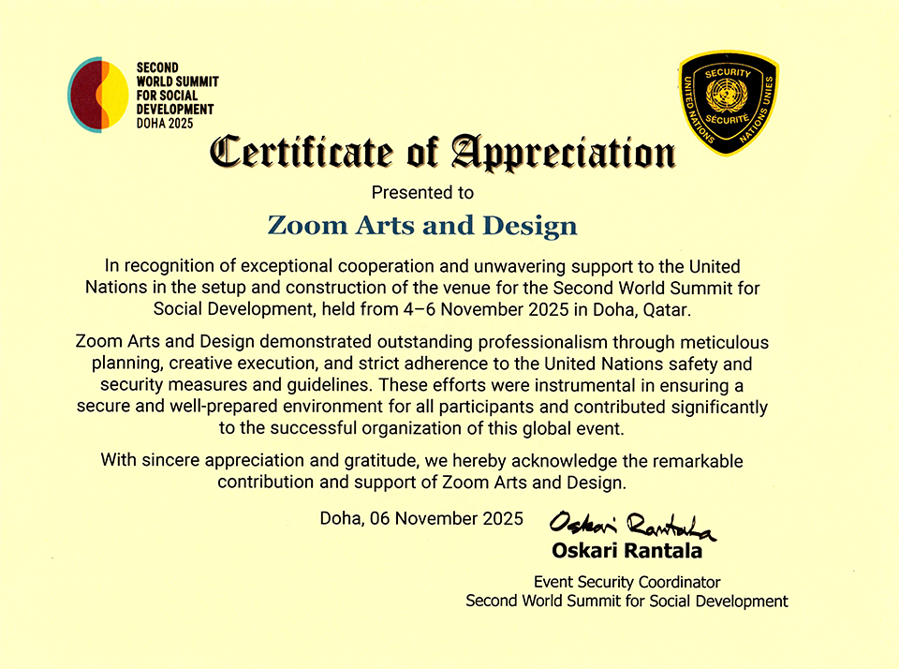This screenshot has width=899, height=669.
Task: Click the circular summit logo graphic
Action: pyautogui.click(x=98, y=95)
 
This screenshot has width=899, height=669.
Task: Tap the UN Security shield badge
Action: pyautogui.click(x=728, y=103)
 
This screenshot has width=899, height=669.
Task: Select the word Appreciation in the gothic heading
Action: pyautogui.click(x=562, y=153)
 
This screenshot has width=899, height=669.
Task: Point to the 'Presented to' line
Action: pyautogui.click(x=423, y=193)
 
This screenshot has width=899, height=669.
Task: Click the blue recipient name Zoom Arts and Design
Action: pyautogui.click(x=422, y=226)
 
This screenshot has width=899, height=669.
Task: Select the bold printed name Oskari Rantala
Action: pyautogui.click(x=626, y=551)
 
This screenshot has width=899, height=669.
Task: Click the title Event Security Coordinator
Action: pyautogui.click(x=626, y=582)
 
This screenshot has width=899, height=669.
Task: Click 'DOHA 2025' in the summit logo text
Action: pyautogui.click(x=165, y=123)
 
